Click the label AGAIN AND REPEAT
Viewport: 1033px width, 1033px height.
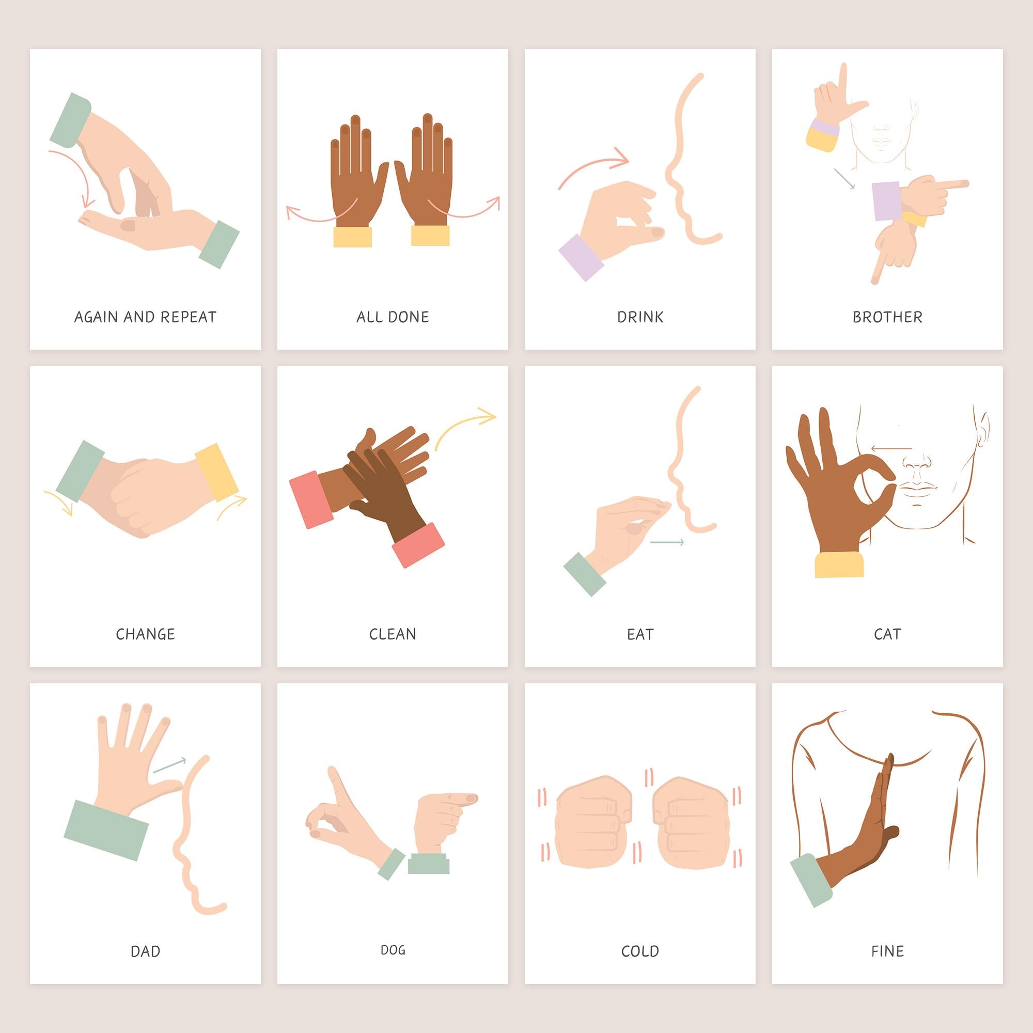pyautogui.click(x=145, y=317)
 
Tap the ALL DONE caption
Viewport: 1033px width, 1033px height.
pyautogui.click(x=393, y=317)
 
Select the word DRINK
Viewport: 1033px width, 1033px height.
pyautogui.click(x=640, y=317)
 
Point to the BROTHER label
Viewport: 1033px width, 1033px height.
pyautogui.click(x=887, y=317)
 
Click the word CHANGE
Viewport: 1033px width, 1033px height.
pyautogui.click(x=145, y=634)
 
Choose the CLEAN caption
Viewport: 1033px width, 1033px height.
pyautogui.click(x=393, y=634)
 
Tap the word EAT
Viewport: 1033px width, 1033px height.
pyautogui.click(x=640, y=634)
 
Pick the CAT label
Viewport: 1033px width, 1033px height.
pyautogui.click(x=887, y=634)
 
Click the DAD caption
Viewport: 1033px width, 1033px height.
pyautogui.click(x=145, y=951)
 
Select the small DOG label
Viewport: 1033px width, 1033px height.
pyautogui.click(x=393, y=950)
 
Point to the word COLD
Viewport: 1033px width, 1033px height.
pyautogui.click(x=640, y=951)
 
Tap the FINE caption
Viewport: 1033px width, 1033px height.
pyautogui.click(x=887, y=951)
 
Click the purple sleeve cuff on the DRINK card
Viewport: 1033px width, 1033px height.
pyautogui.click(x=581, y=257)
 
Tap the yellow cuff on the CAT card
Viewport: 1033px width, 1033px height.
pyautogui.click(x=838, y=565)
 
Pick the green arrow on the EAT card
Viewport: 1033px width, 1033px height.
pyautogui.click(x=667, y=543)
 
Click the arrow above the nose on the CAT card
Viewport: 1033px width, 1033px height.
pyautogui.click(x=891, y=449)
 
